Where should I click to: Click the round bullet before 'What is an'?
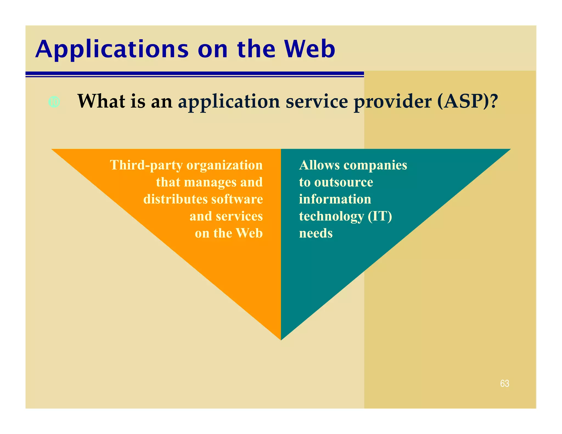[54, 102]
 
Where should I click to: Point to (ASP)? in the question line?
[467, 102]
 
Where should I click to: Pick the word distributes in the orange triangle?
[175, 199]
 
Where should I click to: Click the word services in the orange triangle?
[239, 216]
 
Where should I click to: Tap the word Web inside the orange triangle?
[249, 233]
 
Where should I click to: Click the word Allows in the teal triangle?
[319, 165]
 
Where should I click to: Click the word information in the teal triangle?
[335, 199]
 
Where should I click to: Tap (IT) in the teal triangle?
[380, 216]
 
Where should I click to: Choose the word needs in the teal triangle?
[316, 233]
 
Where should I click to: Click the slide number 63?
[504, 383]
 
